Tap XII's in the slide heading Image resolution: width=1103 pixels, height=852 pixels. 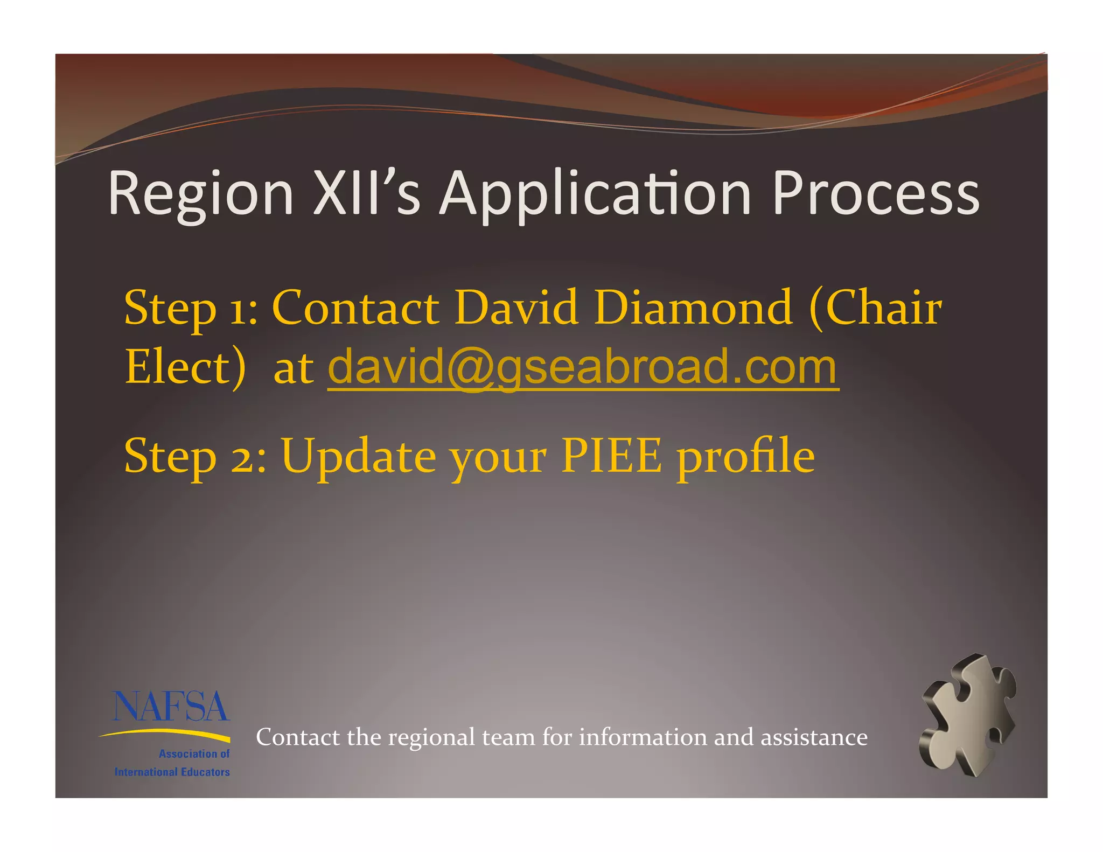click(x=366, y=193)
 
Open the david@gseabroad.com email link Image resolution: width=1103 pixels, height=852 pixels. click(x=583, y=367)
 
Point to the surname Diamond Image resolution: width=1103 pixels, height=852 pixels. click(x=693, y=308)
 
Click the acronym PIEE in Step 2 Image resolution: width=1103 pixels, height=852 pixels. click(x=611, y=456)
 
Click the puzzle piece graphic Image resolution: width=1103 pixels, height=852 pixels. click(x=968, y=716)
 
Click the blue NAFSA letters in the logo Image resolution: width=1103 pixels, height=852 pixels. click(x=171, y=707)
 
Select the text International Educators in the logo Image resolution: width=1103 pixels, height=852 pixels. click(x=172, y=772)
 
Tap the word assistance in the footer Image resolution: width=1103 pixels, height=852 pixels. click(x=814, y=737)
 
